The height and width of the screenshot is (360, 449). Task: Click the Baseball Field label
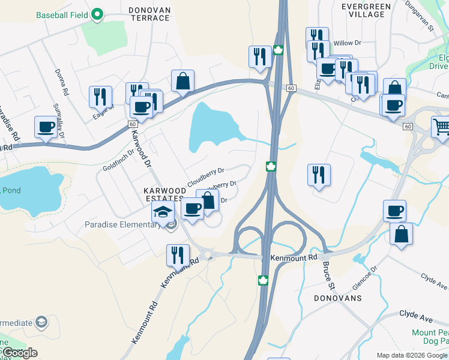pos(62,14)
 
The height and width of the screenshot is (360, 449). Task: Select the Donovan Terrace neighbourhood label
pos(150,14)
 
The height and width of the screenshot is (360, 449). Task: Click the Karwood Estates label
pos(163,194)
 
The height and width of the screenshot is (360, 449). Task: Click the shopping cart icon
pos(441,127)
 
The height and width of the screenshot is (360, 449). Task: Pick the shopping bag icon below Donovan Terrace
pos(182,81)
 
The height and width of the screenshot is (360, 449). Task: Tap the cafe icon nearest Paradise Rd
pos(46,127)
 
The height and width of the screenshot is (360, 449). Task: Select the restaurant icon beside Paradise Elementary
pos(178,254)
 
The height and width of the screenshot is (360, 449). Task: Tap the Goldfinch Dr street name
pos(118,160)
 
